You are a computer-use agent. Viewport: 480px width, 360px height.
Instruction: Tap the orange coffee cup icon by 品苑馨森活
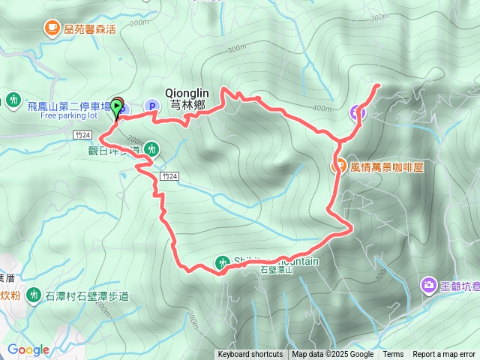pyautogui.click(x=52, y=28)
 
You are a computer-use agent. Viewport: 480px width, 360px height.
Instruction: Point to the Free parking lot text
pyautogui.click(x=69, y=116)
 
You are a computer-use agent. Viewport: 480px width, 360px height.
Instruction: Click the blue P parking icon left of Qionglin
pyautogui.click(x=154, y=107)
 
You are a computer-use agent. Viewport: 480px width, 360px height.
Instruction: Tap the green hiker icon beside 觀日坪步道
pyautogui.click(x=151, y=149)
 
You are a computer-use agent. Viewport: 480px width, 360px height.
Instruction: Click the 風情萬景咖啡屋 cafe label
pyautogui.click(x=387, y=166)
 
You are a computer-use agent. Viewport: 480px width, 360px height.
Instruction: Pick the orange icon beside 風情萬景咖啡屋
pyautogui.click(x=339, y=166)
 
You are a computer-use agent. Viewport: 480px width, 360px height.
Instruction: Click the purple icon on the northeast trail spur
pyautogui.click(x=358, y=113)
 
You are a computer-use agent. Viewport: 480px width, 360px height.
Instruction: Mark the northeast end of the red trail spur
pyautogui.click(x=376, y=85)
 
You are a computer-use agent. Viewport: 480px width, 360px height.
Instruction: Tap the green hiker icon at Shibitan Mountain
pyautogui.click(x=222, y=262)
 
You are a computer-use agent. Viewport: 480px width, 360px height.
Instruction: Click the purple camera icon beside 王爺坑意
pyautogui.click(x=428, y=284)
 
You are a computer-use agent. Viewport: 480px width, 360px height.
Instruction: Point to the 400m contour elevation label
pyautogui.click(x=322, y=109)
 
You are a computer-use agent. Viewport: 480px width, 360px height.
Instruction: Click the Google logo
pyautogui.click(x=28, y=349)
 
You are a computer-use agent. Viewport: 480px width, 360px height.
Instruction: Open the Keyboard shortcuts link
pyautogui.click(x=250, y=355)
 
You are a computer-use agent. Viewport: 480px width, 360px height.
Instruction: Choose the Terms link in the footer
pyautogui.click(x=393, y=355)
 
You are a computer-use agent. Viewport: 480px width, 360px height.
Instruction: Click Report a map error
pyautogui.click(x=444, y=355)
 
